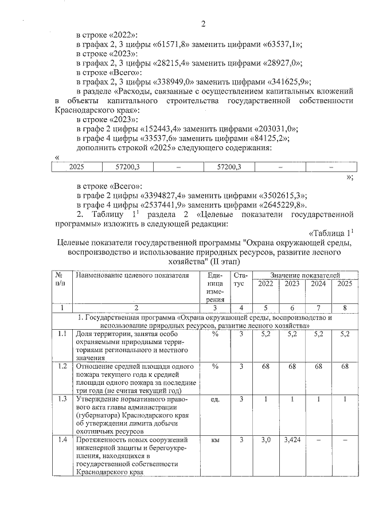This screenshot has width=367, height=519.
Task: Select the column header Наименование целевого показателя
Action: pyautogui.click(x=131, y=275)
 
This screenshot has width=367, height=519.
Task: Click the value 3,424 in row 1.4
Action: pyautogui.click(x=292, y=439)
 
